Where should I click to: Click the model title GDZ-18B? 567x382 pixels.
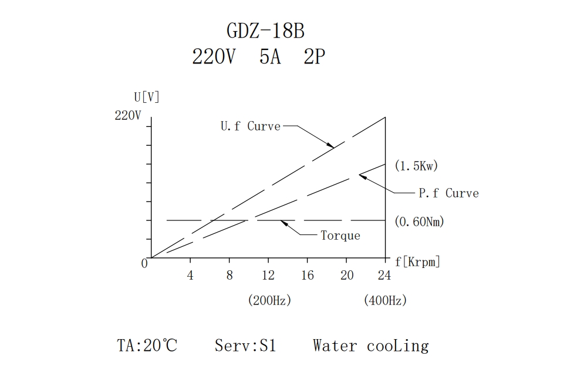pyautogui.click(x=265, y=30)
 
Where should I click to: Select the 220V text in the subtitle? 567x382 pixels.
pyautogui.click(x=214, y=57)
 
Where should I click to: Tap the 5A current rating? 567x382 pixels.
pyautogui.click(x=270, y=57)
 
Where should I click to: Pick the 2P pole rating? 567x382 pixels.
pyautogui.click(x=315, y=57)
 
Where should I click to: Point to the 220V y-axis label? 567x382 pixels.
pyautogui.click(x=128, y=116)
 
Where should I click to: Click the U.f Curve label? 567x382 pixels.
pyautogui.click(x=251, y=126)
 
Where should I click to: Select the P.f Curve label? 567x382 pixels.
pyautogui.click(x=448, y=193)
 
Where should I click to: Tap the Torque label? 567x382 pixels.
pyautogui.click(x=340, y=236)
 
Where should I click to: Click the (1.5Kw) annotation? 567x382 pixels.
pyautogui.click(x=416, y=166)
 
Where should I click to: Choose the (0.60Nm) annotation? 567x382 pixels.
pyautogui.click(x=419, y=222)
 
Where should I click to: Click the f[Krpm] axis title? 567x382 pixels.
pyautogui.click(x=417, y=262)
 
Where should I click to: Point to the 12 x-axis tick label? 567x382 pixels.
pyautogui.click(x=268, y=275)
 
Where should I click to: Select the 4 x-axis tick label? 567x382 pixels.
pyautogui.click(x=190, y=275)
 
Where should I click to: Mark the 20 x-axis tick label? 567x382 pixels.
pyautogui.click(x=347, y=275)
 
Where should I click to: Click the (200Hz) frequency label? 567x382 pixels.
pyautogui.click(x=269, y=300)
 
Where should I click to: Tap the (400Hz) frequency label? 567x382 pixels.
pyautogui.click(x=385, y=300)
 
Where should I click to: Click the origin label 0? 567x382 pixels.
pyautogui.click(x=144, y=264)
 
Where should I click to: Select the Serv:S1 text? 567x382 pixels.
pyautogui.click(x=245, y=346)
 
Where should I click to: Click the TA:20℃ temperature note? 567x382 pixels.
pyautogui.click(x=147, y=346)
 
